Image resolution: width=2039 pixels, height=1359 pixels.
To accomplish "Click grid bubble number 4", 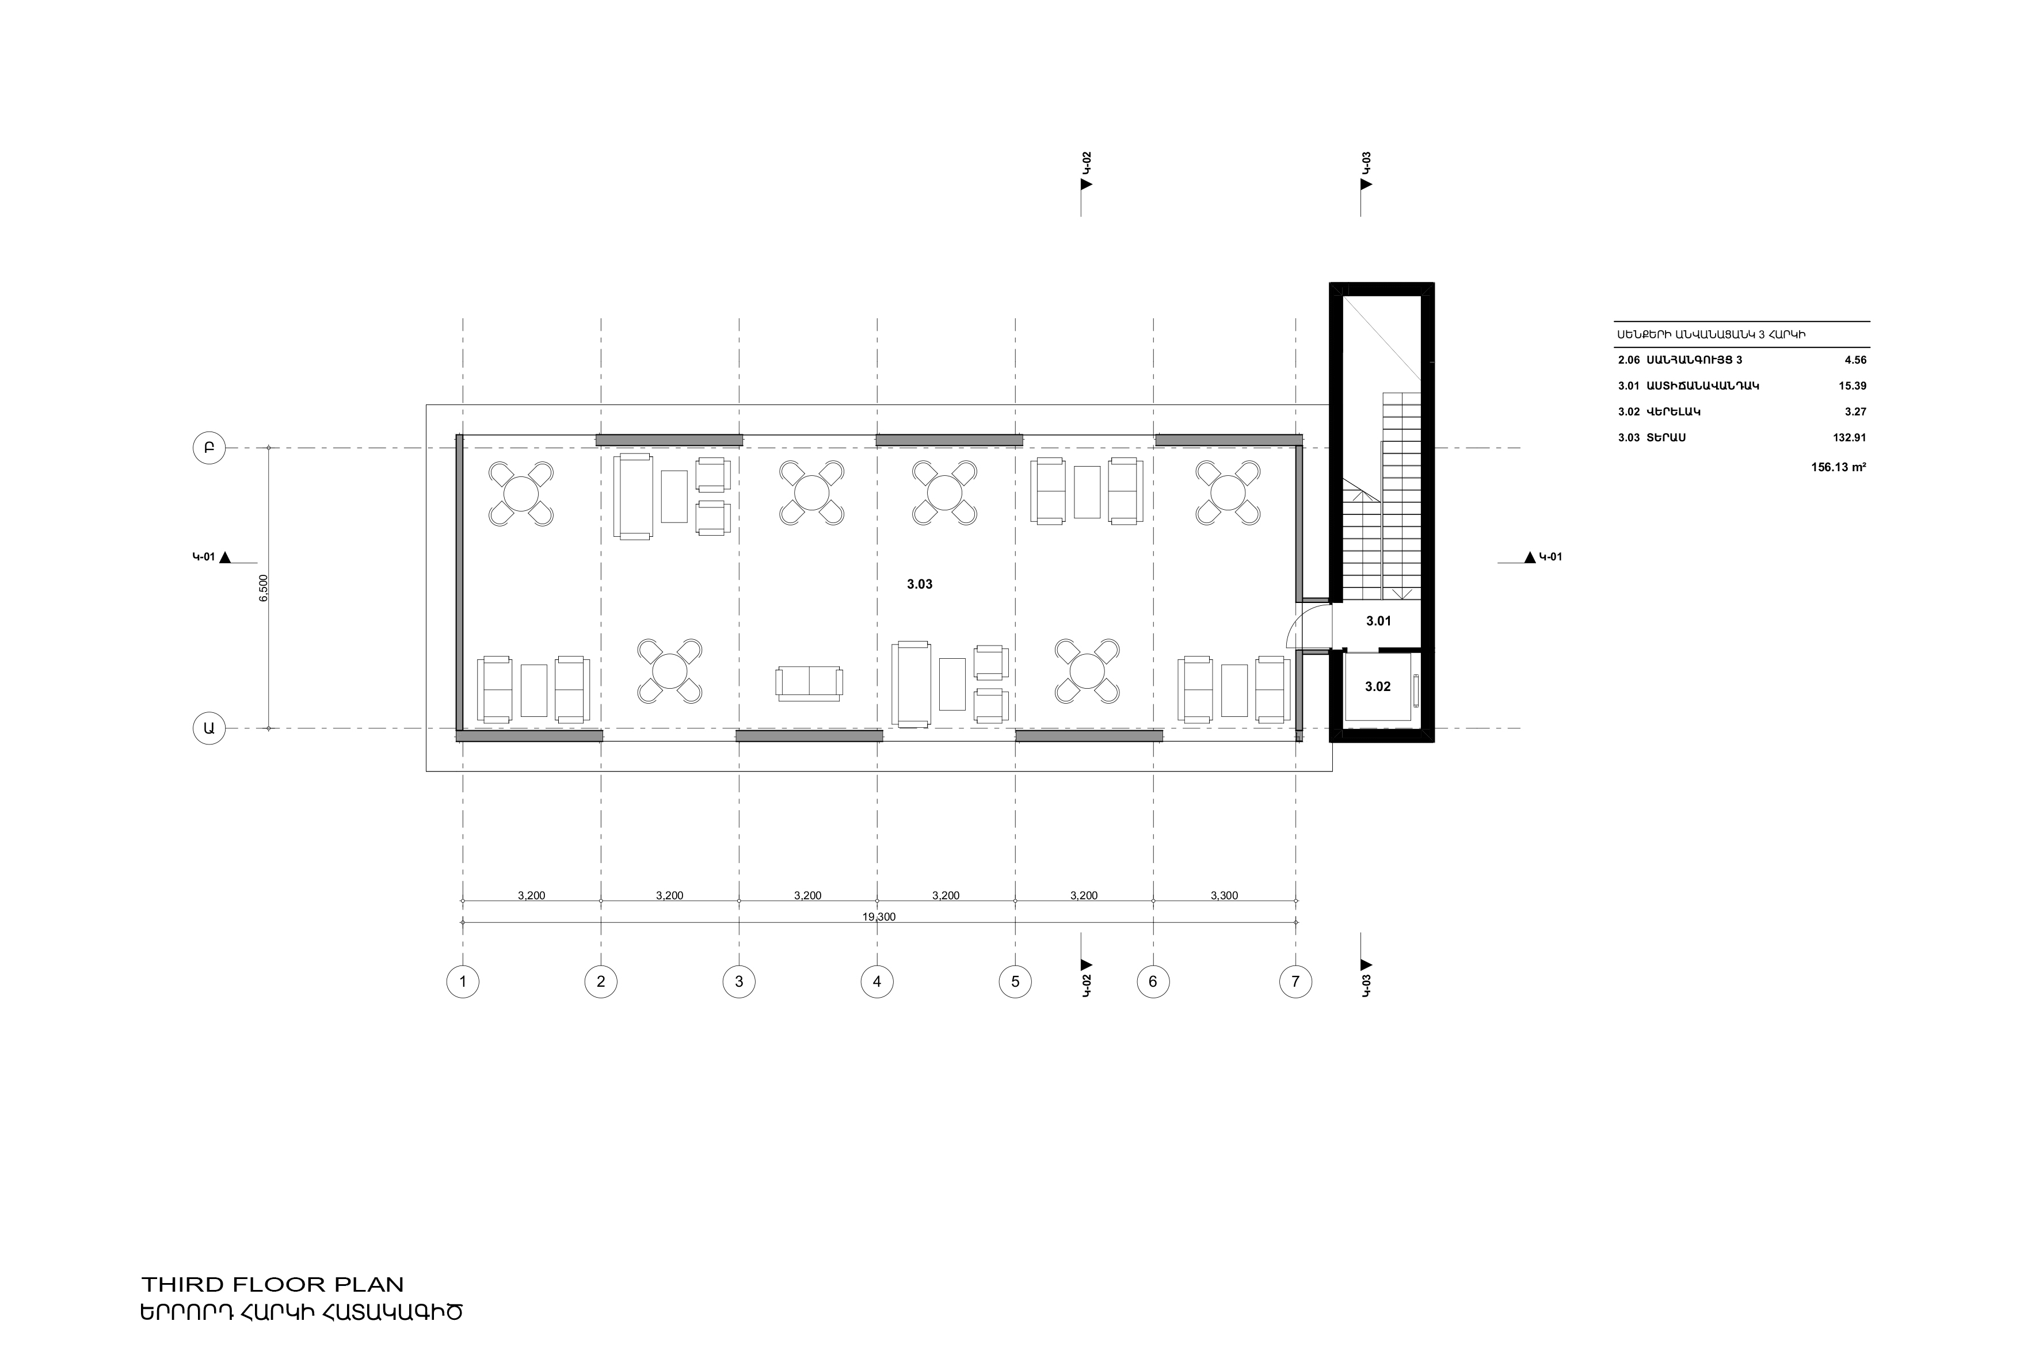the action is (876, 982).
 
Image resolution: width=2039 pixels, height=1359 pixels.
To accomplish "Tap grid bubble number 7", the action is (1295, 982).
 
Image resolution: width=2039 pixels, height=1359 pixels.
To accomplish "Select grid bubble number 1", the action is (463, 982).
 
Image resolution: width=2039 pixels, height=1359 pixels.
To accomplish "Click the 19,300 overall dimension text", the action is (879, 916).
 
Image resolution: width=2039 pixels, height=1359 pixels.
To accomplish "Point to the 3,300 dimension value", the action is (1224, 895).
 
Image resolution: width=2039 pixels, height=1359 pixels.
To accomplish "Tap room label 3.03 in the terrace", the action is (920, 584).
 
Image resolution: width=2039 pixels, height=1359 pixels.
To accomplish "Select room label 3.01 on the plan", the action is (1378, 621).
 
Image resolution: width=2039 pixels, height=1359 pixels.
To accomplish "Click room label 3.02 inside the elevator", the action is (1378, 686).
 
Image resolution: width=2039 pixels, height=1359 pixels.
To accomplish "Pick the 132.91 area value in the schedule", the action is (1849, 438).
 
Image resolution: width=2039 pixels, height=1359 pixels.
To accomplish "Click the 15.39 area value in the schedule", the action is (1853, 385).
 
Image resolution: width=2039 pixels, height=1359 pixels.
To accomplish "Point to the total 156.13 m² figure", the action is (1838, 467).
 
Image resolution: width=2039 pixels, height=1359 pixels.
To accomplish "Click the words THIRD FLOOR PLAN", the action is (273, 1284).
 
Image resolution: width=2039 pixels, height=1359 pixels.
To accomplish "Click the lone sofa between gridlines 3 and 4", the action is (809, 683).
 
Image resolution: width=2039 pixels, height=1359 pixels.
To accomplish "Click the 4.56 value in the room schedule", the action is (1855, 360).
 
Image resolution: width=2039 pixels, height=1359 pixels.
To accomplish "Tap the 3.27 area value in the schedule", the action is (1855, 412).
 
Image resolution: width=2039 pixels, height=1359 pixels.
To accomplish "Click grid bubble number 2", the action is (601, 982).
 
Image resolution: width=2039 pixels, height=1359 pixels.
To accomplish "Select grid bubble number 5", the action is (1015, 982).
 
